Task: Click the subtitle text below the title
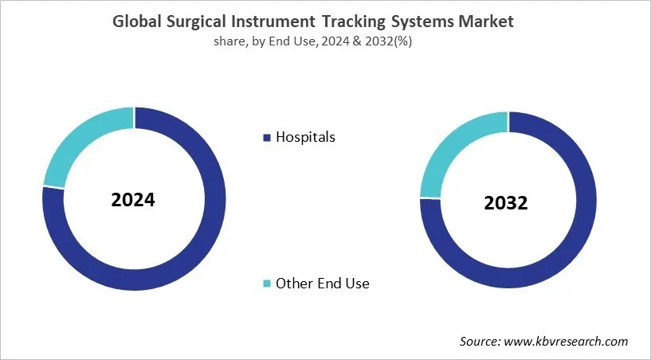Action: [325, 41]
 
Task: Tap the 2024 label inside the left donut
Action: [133, 199]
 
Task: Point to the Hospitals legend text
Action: [305, 137]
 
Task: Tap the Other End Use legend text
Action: [322, 283]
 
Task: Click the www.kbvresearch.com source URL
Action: [569, 341]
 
